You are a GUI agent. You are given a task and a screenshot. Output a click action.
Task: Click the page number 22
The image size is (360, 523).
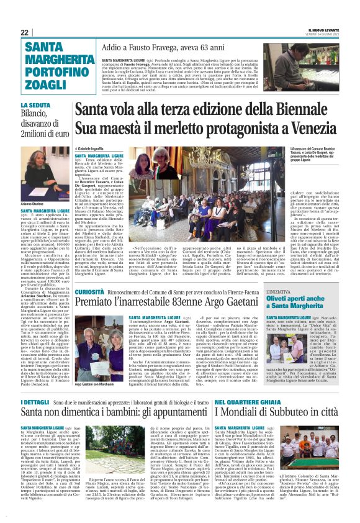coord(24,32)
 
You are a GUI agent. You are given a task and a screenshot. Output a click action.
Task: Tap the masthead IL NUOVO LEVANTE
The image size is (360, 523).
coord(322,30)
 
